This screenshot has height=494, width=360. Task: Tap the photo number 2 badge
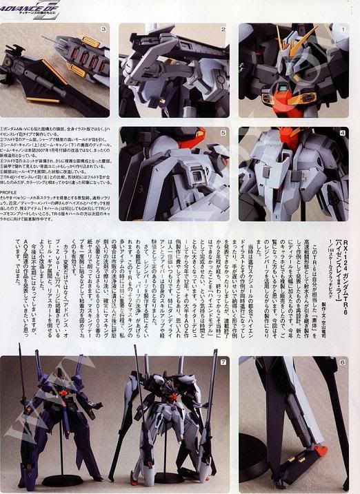click(223, 30)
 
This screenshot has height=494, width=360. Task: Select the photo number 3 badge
click(103, 30)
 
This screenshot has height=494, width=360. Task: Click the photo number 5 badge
click(223, 133)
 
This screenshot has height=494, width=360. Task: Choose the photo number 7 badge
click(223, 362)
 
